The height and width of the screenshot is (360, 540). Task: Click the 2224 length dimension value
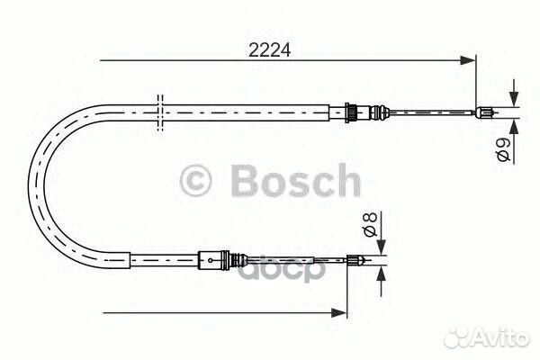tap(270, 50)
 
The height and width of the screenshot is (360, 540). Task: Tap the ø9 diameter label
tap(503, 149)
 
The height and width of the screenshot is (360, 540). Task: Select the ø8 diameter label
tap(370, 225)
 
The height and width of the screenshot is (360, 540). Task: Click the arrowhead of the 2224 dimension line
tap(467, 60)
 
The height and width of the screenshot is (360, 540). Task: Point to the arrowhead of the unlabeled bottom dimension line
tap(338, 313)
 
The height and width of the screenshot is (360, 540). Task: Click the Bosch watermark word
tap(296, 181)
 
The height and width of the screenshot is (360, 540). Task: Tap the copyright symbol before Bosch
tap(195, 181)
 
